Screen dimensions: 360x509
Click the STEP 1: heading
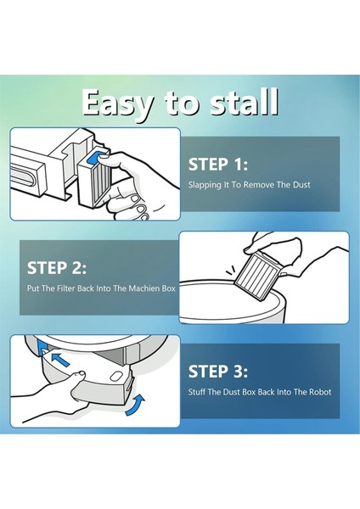point(218,164)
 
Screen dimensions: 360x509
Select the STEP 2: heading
point(57,268)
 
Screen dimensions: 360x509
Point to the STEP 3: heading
point(218,371)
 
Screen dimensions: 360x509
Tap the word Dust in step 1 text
point(301,184)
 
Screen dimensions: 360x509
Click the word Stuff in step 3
point(197,391)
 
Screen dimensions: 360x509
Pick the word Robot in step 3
point(320,391)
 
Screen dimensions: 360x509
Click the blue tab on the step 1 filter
point(94,158)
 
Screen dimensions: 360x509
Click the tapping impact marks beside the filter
point(231,271)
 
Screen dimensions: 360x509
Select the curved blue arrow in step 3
point(135,405)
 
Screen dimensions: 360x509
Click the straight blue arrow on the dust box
point(60,360)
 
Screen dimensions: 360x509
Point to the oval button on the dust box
point(115,377)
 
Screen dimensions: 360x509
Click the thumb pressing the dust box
point(77,375)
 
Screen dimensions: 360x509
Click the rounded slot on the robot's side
point(22,171)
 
